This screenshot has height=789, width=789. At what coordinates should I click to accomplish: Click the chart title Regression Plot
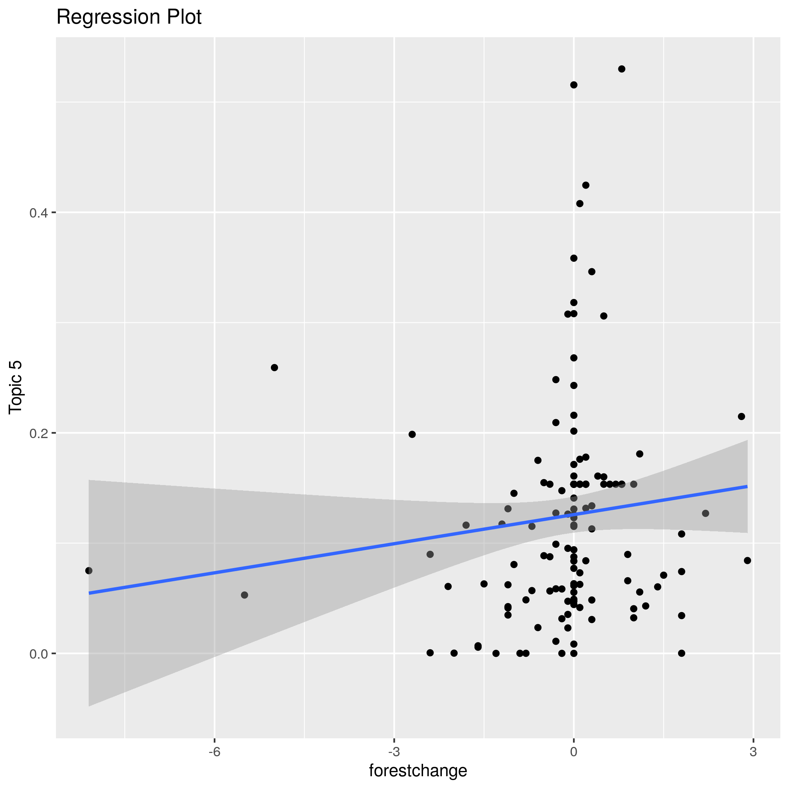(x=128, y=18)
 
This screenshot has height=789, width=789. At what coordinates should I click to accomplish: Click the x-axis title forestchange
(x=418, y=771)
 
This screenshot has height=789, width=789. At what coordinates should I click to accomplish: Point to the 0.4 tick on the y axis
(x=38, y=213)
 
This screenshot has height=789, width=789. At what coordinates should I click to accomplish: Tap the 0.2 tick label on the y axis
(x=38, y=433)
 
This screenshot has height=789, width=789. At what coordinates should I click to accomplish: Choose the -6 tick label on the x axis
(x=215, y=752)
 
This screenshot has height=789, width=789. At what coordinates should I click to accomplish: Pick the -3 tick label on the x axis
(x=394, y=752)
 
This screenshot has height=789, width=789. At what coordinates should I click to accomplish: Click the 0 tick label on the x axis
(x=573, y=752)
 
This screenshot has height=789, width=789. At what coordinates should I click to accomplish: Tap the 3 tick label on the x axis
(x=753, y=752)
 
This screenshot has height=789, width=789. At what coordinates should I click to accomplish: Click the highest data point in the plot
(x=621, y=69)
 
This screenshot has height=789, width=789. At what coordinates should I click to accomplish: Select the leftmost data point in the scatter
(x=89, y=570)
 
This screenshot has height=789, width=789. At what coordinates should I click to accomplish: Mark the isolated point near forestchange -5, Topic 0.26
(x=274, y=367)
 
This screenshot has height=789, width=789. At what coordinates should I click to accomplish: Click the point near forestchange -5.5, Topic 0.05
(x=244, y=595)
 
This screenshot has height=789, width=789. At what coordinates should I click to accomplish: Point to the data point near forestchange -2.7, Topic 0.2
(x=412, y=434)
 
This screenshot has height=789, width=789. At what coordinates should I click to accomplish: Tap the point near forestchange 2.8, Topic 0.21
(x=741, y=417)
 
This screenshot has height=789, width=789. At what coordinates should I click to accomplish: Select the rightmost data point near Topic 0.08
(x=747, y=560)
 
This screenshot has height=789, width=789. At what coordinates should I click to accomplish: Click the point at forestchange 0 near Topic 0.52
(x=573, y=85)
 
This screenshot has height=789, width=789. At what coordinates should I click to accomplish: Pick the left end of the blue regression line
(x=89, y=593)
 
